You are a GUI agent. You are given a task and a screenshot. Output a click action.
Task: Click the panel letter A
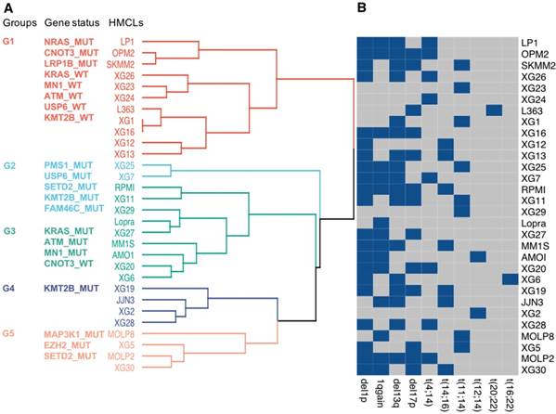pyautogui.click(x=6, y=7)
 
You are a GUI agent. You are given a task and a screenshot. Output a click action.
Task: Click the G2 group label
pyautogui.click(x=9, y=165)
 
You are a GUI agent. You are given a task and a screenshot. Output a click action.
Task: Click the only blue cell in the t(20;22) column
pyautogui.click(x=494, y=110)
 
